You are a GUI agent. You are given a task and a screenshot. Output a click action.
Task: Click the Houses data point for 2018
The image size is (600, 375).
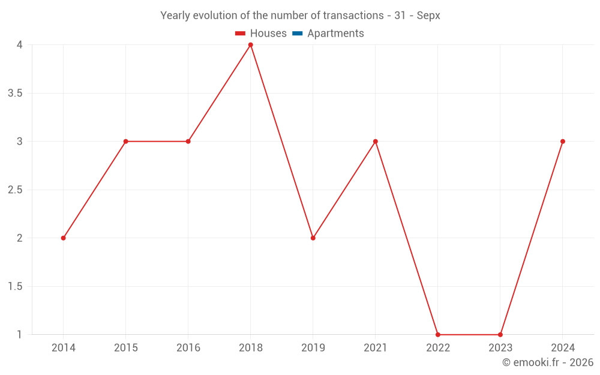(x=251, y=45)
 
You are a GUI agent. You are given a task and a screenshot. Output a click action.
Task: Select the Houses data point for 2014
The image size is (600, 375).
(x=64, y=238)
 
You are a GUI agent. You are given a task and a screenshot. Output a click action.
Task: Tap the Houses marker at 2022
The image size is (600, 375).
(x=438, y=335)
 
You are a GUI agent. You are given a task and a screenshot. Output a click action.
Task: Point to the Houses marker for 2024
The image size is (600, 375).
(x=563, y=142)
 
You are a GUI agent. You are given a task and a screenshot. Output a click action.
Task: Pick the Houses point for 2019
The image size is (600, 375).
(x=313, y=238)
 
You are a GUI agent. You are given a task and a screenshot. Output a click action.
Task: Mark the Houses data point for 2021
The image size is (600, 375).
(x=376, y=142)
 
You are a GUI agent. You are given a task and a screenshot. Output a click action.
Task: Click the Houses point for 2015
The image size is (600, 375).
(x=126, y=142)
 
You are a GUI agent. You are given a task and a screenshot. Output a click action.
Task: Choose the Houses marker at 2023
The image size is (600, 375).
(x=500, y=335)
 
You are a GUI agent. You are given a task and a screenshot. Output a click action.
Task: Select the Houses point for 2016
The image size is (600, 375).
(x=188, y=142)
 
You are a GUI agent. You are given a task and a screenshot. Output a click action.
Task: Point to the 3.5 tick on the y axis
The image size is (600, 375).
(x=15, y=94)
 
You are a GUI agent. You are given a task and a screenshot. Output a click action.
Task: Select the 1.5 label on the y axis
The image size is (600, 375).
(x=15, y=287)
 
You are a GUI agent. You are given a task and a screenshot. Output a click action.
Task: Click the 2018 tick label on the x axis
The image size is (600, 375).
(x=251, y=348)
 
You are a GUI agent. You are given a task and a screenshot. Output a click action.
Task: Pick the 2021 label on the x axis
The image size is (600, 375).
(x=376, y=348)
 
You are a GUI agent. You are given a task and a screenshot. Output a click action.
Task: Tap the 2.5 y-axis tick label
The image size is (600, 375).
(x=15, y=190)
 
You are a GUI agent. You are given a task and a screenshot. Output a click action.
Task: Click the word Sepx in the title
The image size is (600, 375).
(x=428, y=16)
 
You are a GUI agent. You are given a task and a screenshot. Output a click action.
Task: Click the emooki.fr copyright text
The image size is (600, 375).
(x=548, y=362)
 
